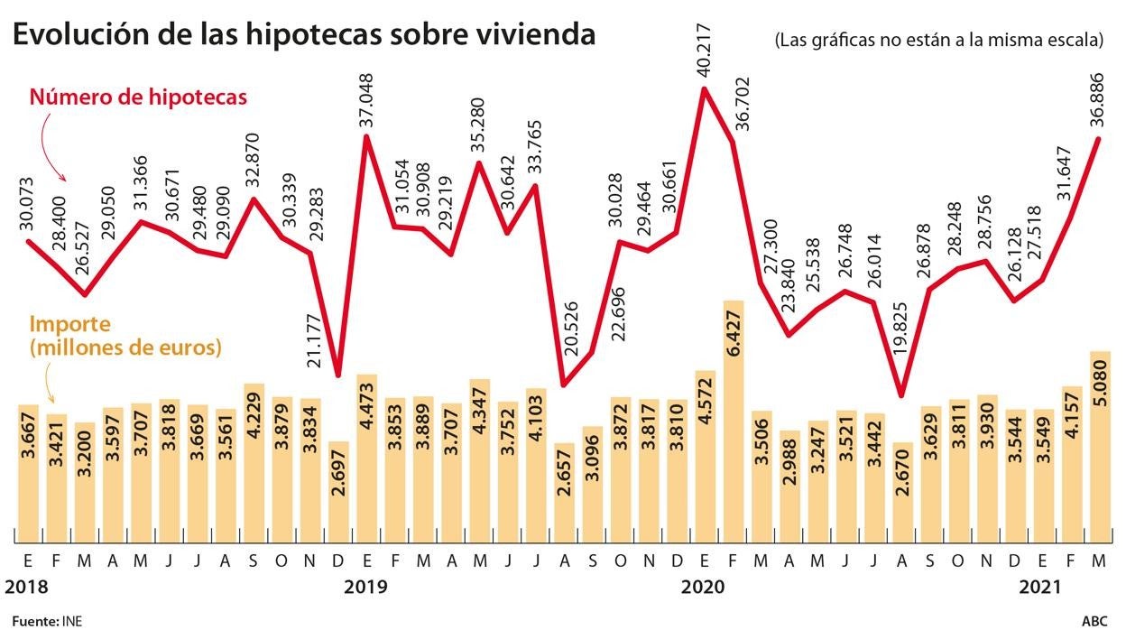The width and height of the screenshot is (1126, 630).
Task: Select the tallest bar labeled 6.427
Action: pos(733,420)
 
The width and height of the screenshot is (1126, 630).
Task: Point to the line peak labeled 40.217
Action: pos(705,88)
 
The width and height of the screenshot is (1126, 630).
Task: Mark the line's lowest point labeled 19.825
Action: pos(900,395)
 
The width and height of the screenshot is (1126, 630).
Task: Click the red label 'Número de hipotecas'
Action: pos(138,97)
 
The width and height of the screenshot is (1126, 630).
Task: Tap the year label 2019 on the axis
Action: pos(366,588)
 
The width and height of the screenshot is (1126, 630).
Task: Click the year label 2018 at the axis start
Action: pos(28,588)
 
